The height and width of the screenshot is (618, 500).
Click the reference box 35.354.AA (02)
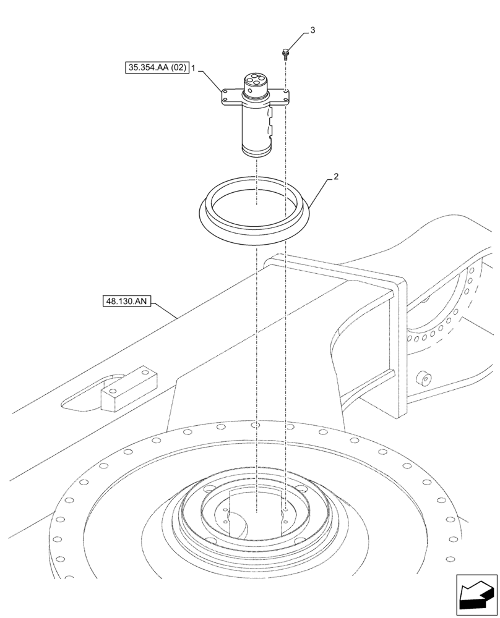pyautogui.click(x=157, y=69)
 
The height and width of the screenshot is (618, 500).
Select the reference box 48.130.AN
pyautogui.click(x=124, y=302)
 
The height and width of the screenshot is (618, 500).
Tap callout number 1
pyautogui.click(x=194, y=69)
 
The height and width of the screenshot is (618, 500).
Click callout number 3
pyautogui.click(x=312, y=30)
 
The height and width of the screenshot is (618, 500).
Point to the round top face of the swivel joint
pyautogui.click(x=254, y=80)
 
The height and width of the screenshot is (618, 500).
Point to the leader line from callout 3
pyautogui.click(x=297, y=41)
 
